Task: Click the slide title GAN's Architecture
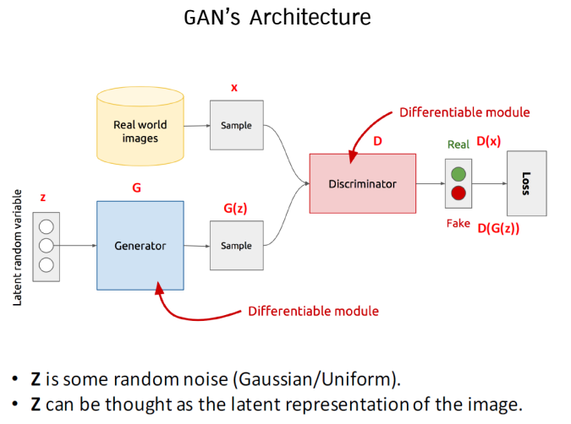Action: coord(277,17)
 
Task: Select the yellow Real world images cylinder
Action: coord(140,128)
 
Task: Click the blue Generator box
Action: coord(140,246)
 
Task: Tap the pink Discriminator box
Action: coord(362,182)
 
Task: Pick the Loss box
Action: coord(525,182)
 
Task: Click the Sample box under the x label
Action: coord(236,125)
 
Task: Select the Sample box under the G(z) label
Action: coord(236,246)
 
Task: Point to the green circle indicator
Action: coord(458,174)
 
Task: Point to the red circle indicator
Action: coord(458,193)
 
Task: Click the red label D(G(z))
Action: coord(498,227)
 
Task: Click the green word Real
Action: coord(458,144)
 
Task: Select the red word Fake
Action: coord(458,223)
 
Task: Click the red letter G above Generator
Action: coord(136,188)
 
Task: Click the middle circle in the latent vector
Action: coord(47,246)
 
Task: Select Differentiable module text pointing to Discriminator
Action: coord(464,111)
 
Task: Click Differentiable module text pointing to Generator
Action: coord(313,311)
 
